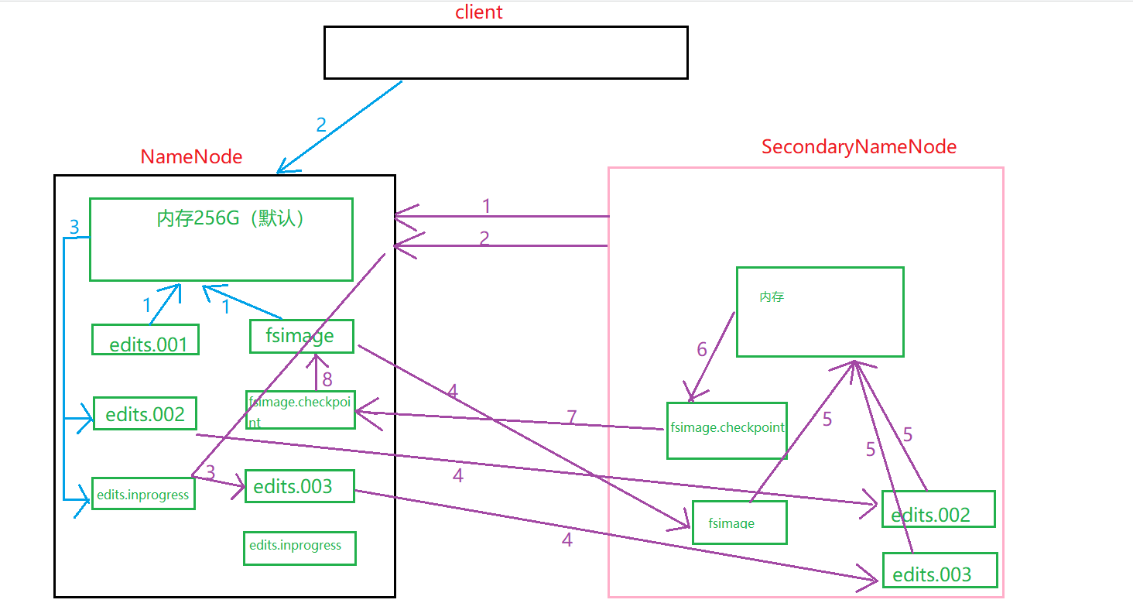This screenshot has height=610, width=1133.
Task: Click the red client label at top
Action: pyautogui.click(x=478, y=12)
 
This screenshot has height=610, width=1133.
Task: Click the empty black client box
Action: pyautogui.click(x=505, y=53)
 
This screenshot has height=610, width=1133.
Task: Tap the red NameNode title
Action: pyautogui.click(x=191, y=157)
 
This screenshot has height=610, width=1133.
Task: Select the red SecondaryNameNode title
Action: pyautogui.click(x=859, y=147)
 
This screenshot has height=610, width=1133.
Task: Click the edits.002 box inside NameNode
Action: pyautogui.click(x=145, y=414)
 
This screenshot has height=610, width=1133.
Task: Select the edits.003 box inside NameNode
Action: pyautogui.click(x=300, y=486)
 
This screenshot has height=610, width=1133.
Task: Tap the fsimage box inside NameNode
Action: pyautogui.click(x=302, y=336)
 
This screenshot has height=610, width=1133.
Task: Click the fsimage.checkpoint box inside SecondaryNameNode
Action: pyautogui.click(x=727, y=430)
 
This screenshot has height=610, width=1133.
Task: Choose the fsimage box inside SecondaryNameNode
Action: pyautogui.click(x=739, y=523)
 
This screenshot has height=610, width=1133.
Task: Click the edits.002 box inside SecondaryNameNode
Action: pyautogui.click(x=938, y=509)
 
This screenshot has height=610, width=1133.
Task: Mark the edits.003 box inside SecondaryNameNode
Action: pyautogui.click(x=940, y=571)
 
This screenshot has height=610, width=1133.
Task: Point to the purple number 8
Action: pyautogui.click(x=327, y=379)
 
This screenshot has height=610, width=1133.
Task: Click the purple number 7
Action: pyautogui.click(x=572, y=418)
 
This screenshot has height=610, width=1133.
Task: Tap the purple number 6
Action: pyautogui.click(x=702, y=350)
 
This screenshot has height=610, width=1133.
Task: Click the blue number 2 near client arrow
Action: pyautogui.click(x=321, y=125)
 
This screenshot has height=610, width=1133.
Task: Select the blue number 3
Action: pyautogui.click(x=74, y=228)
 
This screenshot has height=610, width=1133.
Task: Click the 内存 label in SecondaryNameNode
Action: pyautogui.click(x=772, y=296)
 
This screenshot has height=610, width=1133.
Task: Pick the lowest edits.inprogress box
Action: pyautogui.click(x=300, y=547)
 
